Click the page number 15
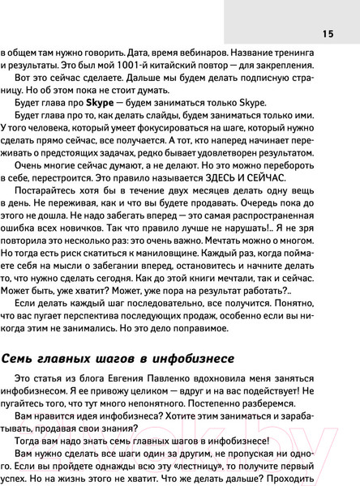[x=327, y=33]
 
